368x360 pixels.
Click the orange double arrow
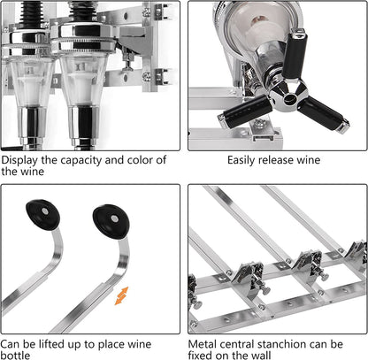tap(121, 295)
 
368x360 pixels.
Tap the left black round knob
tap(42, 214)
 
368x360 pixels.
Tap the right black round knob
tap(111, 221)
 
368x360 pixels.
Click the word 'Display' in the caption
tap(19, 160)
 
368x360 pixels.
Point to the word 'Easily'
tap(241, 160)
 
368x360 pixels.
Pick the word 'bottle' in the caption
tap(15, 355)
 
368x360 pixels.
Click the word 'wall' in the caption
tap(260, 355)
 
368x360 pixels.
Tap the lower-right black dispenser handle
tap(324, 114)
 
